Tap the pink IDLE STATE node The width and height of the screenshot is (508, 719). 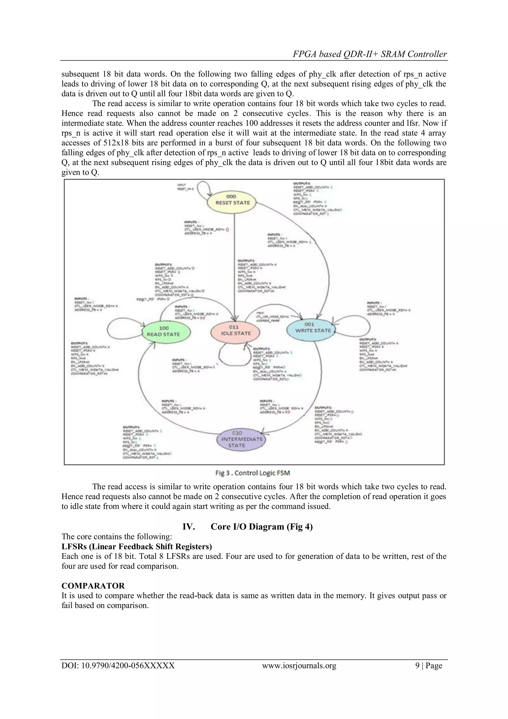(x=235, y=331)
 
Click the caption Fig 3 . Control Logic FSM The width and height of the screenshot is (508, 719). (x=253, y=473)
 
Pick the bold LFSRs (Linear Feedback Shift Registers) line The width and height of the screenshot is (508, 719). (x=137, y=546)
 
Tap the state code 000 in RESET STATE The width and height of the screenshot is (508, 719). (x=231, y=196)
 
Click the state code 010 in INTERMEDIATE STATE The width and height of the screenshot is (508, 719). (x=237, y=433)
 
